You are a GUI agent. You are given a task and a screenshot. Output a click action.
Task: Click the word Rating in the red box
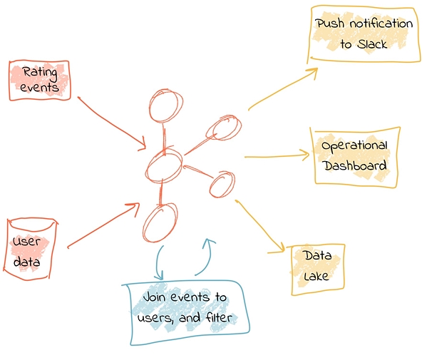click(x=40, y=73)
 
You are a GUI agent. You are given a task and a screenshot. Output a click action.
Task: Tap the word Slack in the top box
click(x=372, y=44)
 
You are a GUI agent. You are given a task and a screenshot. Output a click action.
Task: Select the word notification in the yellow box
click(x=381, y=24)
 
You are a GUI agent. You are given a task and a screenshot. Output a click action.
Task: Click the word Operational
click(x=354, y=145)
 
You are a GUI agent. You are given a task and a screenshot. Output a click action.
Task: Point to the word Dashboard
click(x=356, y=165)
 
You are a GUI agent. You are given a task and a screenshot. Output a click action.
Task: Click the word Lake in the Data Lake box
click(x=316, y=276)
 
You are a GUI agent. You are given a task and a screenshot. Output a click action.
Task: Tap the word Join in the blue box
click(x=154, y=297)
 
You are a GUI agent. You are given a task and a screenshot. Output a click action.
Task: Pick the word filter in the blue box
click(x=219, y=317)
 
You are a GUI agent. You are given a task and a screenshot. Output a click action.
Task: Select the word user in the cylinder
click(x=26, y=242)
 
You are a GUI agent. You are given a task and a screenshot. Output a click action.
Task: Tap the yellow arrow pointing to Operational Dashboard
click(x=277, y=156)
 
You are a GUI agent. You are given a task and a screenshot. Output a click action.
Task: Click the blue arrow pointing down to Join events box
click(x=158, y=263)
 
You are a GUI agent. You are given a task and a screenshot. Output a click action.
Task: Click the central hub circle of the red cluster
click(x=163, y=165)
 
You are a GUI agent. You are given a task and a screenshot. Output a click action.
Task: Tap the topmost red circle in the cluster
click(x=166, y=106)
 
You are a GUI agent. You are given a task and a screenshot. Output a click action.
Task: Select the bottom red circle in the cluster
click(x=160, y=222)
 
